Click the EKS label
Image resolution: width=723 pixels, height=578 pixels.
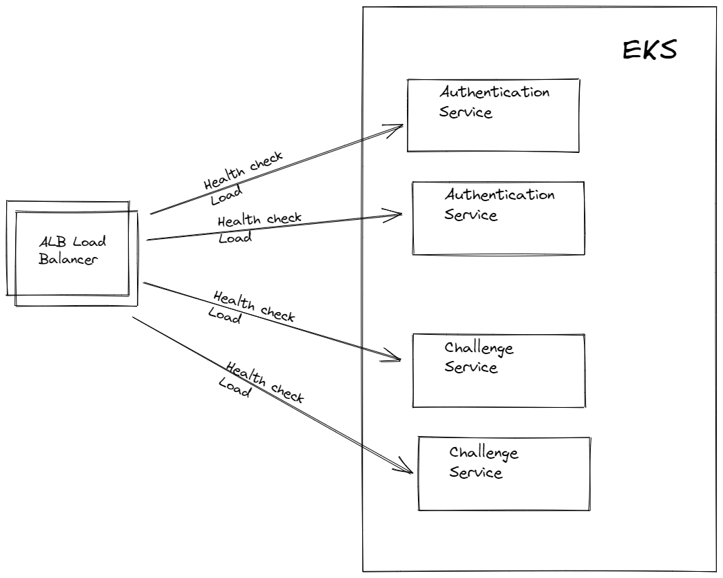(x=649, y=51)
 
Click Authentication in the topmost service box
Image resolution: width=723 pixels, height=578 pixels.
(x=494, y=92)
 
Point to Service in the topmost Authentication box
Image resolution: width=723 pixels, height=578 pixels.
(x=466, y=112)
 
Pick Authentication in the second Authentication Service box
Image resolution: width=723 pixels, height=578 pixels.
(x=499, y=195)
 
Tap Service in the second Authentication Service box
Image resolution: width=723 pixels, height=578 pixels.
(x=471, y=214)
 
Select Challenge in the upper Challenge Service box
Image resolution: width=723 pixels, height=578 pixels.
(x=479, y=348)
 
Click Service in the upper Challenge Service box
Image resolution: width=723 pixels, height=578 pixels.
(x=471, y=367)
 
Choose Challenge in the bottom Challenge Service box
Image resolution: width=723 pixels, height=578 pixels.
(x=483, y=453)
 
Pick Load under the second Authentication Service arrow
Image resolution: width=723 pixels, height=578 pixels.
(x=235, y=237)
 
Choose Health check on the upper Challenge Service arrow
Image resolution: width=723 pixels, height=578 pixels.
(x=253, y=307)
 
